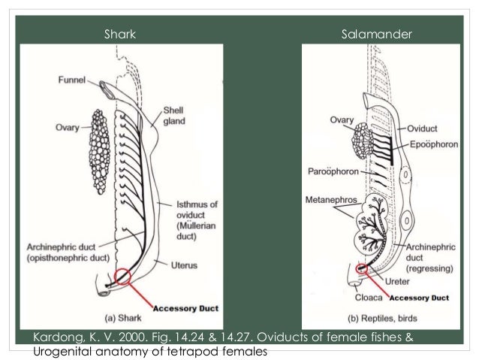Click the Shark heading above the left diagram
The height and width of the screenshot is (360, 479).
[x=119, y=34]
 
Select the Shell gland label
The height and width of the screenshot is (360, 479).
[x=176, y=116]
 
